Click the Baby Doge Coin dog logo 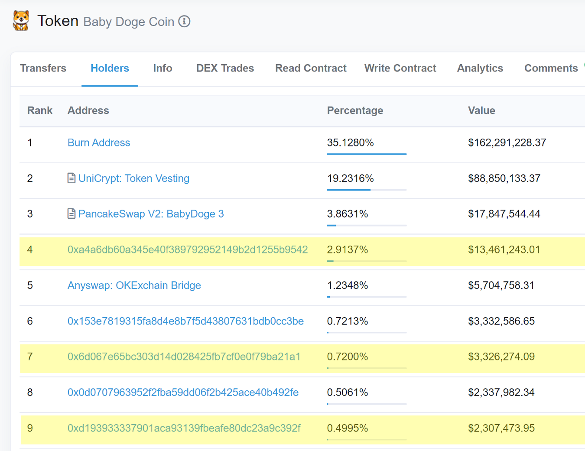(x=21, y=21)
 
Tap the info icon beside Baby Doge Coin (x=185, y=22)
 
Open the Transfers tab (x=43, y=68)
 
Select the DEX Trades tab (x=225, y=68)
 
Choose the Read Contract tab (x=311, y=68)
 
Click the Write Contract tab (x=400, y=68)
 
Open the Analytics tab (x=480, y=68)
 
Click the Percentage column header (x=355, y=110)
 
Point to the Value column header (x=481, y=110)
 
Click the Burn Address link (x=99, y=143)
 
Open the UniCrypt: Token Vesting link (x=134, y=178)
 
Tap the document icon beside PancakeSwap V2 (x=71, y=214)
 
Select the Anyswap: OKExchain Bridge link (x=134, y=285)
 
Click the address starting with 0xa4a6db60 (x=188, y=250)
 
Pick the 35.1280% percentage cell (x=350, y=143)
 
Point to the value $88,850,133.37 (x=504, y=178)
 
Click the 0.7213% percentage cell (x=347, y=321)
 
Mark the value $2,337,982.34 (x=501, y=393)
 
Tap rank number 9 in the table (x=30, y=428)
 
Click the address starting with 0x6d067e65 (x=184, y=357)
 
